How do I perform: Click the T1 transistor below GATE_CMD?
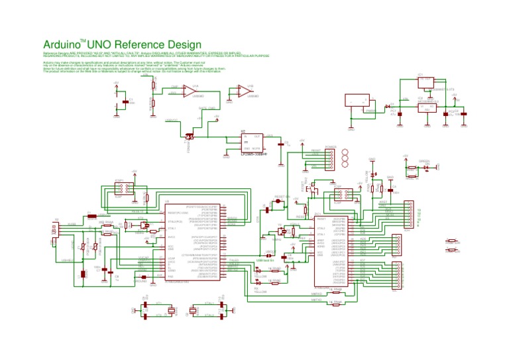click(x=188, y=136)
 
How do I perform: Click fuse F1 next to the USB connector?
click(x=89, y=213)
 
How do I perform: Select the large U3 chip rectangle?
click(x=193, y=242)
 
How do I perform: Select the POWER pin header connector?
click(x=331, y=159)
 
